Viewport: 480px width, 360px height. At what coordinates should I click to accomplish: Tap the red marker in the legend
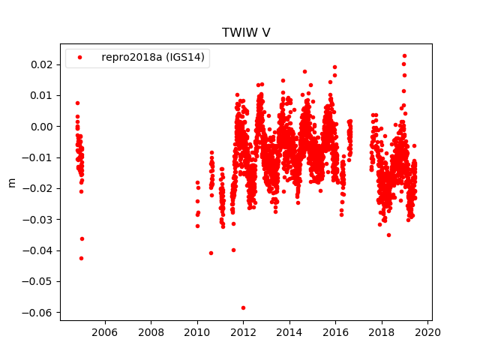tap(81, 57)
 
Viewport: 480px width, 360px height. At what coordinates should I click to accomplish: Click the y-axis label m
tap(11, 182)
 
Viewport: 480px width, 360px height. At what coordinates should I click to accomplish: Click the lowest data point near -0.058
tap(243, 307)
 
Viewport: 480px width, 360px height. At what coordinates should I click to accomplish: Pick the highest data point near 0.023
tap(404, 55)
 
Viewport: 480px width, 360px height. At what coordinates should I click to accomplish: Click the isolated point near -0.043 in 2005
tap(81, 258)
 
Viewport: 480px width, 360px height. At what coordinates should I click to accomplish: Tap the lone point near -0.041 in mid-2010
tap(211, 253)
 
